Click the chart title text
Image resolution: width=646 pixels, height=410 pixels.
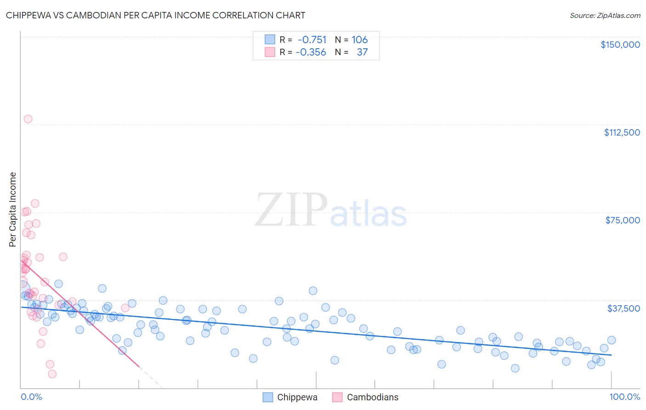(x=155, y=15)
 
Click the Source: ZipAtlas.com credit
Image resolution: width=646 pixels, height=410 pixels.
(x=605, y=16)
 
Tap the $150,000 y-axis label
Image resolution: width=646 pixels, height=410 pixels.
(x=620, y=45)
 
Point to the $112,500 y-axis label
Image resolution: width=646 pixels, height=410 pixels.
(x=622, y=132)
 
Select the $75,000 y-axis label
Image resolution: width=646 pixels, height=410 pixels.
(x=623, y=220)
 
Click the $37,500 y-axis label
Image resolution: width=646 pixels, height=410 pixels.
(x=623, y=308)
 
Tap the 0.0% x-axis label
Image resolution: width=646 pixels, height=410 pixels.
(x=31, y=397)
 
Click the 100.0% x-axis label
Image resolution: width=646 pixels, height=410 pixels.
(x=624, y=397)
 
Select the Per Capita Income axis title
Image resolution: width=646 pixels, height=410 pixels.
(x=13, y=209)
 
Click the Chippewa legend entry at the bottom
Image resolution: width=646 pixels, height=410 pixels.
(x=297, y=397)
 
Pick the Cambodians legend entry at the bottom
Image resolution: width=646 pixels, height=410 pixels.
(x=372, y=397)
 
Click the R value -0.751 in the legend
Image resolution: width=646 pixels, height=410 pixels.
(x=312, y=40)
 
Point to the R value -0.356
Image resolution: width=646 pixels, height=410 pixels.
(x=311, y=52)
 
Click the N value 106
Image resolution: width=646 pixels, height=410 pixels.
(x=360, y=40)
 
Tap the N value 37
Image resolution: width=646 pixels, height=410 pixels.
(x=362, y=52)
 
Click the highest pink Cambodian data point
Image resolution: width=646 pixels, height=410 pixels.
(x=28, y=119)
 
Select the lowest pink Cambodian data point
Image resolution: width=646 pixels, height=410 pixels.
(x=52, y=374)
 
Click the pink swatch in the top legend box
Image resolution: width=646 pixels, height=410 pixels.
(x=270, y=52)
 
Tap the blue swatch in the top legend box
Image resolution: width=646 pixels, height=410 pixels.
(x=270, y=40)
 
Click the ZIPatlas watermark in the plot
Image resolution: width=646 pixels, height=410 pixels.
(x=331, y=211)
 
